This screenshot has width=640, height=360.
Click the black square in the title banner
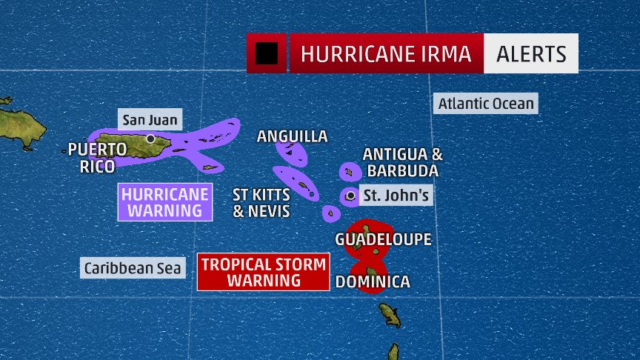click(267, 53)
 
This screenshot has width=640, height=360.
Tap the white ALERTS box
click(530, 54)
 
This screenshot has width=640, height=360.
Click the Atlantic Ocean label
click(485, 104)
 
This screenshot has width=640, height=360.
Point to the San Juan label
click(150, 119)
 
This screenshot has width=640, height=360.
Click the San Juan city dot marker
click(150, 139)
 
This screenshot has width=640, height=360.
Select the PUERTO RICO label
click(97, 157)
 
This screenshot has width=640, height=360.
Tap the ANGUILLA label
click(292, 136)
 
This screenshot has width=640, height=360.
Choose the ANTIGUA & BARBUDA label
click(402, 162)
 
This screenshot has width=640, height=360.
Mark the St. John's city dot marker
click(350, 196)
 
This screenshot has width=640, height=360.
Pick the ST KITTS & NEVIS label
click(261, 203)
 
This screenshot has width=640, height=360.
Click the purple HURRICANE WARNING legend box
click(165, 201)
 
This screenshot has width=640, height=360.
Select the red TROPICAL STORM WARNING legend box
click(264, 272)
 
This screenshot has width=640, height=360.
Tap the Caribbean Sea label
click(132, 268)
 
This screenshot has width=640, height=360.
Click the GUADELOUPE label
click(383, 239)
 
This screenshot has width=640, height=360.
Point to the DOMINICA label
click(373, 282)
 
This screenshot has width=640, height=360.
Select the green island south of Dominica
click(390, 314)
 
